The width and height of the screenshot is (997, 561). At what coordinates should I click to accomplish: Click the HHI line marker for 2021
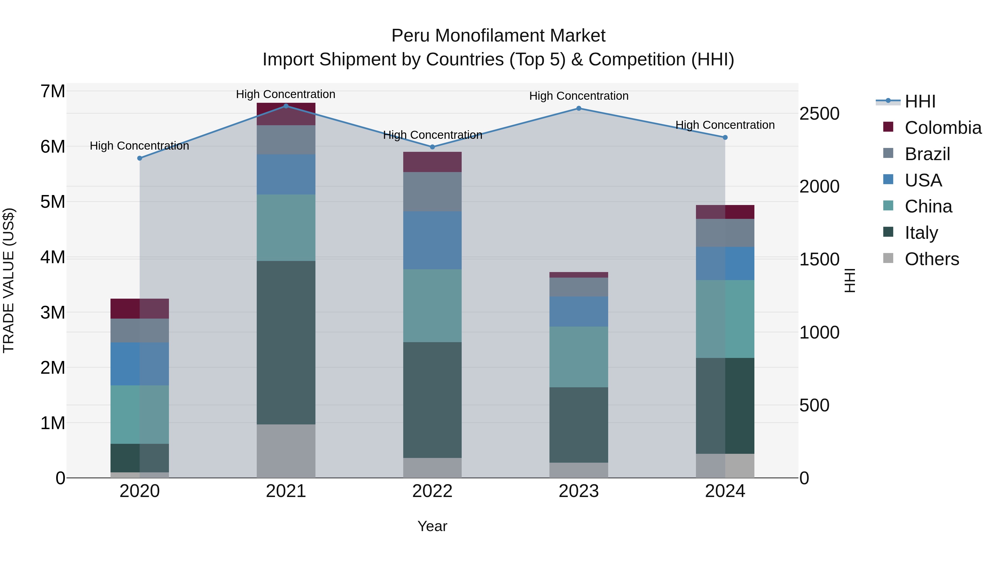[x=286, y=106]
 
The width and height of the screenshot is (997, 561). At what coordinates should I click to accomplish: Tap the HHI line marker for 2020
[x=140, y=158]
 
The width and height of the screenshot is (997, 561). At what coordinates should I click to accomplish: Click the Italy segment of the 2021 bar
[x=286, y=343]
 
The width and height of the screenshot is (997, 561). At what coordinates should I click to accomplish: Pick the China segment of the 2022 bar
[x=432, y=306]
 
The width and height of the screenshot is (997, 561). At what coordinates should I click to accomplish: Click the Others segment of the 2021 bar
[x=286, y=451]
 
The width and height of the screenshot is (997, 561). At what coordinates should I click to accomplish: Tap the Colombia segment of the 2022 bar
[x=432, y=162]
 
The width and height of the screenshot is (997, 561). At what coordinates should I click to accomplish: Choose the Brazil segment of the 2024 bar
[x=725, y=233]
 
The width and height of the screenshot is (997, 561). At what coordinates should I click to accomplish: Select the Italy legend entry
[x=921, y=233]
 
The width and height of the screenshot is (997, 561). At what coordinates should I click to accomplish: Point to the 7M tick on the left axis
[x=53, y=91]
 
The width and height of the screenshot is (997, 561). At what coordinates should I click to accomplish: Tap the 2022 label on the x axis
[x=432, y=491]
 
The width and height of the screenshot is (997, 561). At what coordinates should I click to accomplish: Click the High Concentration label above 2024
[x=725, y=125]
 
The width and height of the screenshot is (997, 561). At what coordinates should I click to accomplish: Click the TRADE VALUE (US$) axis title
[x=9, y=280]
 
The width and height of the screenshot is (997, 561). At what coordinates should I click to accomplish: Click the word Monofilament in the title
[x=498, y=36]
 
